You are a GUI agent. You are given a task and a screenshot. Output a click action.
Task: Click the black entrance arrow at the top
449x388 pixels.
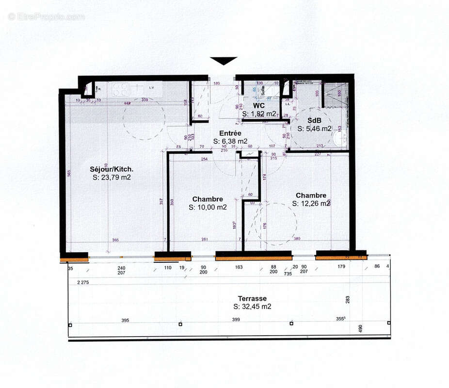[x=224, y=60]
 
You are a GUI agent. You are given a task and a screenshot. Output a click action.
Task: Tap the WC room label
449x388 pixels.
[x=258, y=105]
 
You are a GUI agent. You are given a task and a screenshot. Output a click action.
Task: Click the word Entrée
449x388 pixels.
[x=231, y=133]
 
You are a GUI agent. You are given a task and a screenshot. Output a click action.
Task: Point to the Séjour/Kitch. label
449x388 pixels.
[x=112, y=169]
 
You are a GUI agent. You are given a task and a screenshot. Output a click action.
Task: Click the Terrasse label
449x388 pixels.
[x=252, y=298]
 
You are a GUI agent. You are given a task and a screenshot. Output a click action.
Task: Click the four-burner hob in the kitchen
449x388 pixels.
[x=120, y=89]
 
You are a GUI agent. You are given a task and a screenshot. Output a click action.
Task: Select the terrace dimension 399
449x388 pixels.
[x=236, y=320]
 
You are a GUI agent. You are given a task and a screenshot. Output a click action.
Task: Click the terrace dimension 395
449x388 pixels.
[x=125, y=320]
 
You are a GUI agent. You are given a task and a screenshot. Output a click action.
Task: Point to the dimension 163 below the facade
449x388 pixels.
[x=239, y=267]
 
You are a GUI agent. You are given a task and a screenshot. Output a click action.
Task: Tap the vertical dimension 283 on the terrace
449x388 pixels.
[x=348, y=300]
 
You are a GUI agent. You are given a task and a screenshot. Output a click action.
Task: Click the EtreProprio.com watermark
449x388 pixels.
[x=46, y=16]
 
